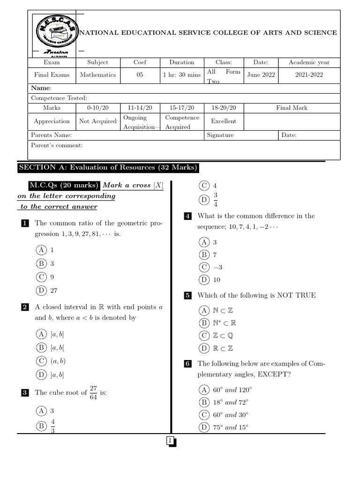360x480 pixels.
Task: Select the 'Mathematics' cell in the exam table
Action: (97, 75)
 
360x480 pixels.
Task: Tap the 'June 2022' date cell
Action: (261, 75)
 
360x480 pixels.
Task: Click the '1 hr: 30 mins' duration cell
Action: (182, 75)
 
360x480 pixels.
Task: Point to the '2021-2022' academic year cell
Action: (309, 75)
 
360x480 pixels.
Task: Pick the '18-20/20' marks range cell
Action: (224, 108)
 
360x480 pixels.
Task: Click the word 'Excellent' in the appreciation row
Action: (224, 121)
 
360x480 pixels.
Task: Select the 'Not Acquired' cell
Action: (97, 121)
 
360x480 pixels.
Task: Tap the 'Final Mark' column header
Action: (292, 108)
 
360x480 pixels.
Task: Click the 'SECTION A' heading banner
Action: (108, 168)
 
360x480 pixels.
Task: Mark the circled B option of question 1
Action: (41, 263)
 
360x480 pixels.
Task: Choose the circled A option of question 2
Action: (41, 334)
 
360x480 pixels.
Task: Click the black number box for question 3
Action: (25, 393)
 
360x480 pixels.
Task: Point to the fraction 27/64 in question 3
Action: (94, 393)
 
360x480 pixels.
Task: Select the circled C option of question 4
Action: (204, 267)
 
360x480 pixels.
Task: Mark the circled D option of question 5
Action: (204, 348)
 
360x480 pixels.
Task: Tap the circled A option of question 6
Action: (204, 390)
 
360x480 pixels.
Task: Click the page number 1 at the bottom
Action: (170, 440)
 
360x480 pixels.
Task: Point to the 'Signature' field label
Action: (220, 135)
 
